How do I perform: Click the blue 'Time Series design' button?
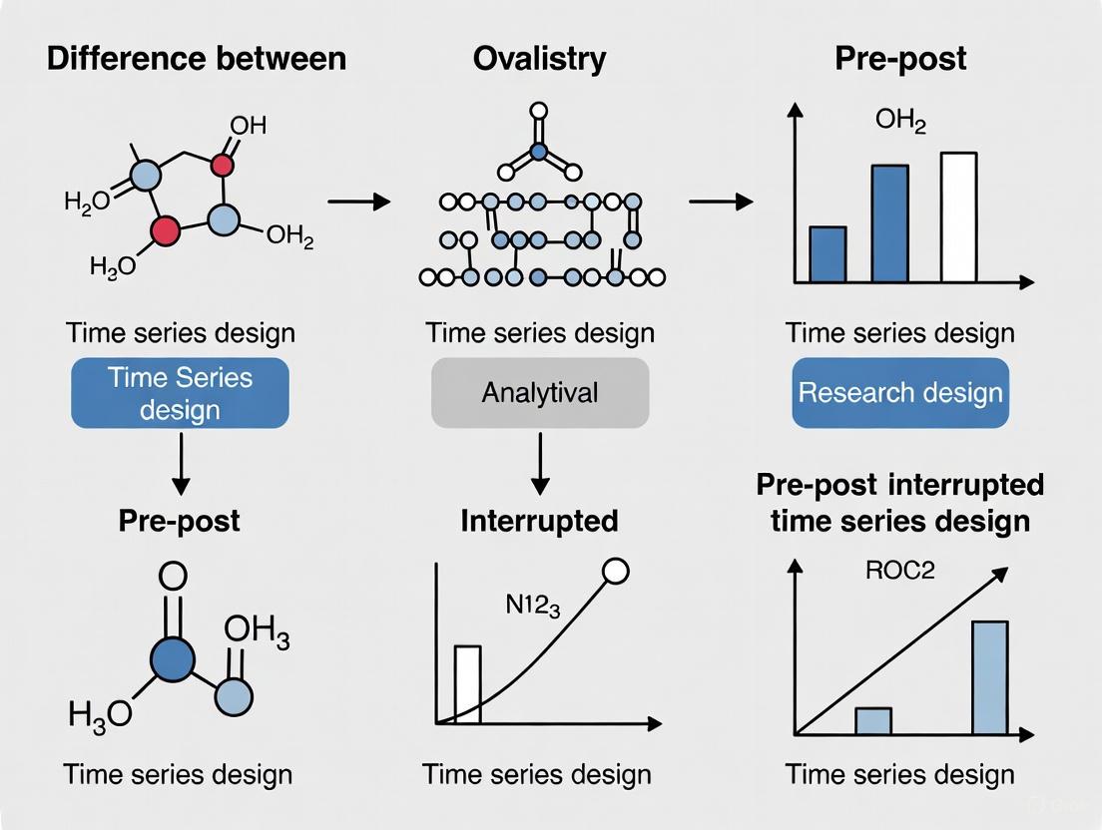180,393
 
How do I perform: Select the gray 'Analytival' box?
539,392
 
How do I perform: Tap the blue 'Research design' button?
900,392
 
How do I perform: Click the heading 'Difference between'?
197,58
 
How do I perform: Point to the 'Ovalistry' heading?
539,58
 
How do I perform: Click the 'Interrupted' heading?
539,520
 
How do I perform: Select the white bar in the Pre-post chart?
958,217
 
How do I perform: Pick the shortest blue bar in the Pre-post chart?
827,254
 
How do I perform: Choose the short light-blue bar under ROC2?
872,721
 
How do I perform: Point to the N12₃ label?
522,604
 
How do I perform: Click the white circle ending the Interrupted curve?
616,571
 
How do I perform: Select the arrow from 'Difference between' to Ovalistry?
358,202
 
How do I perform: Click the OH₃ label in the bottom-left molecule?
257,631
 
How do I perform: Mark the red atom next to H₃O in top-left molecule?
165,231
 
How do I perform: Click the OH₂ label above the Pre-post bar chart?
900,122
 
